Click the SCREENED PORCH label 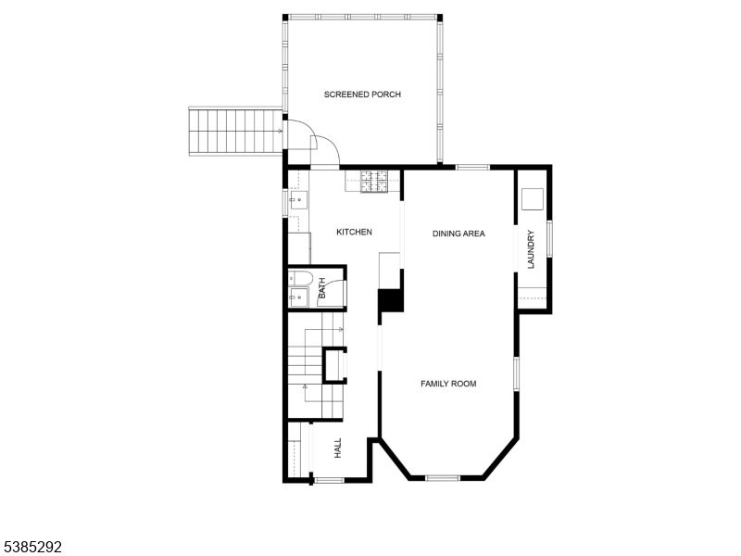(362, 95)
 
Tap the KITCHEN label (354, 232)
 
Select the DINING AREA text (458, 234)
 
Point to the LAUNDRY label (532, 249)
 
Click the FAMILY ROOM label (448, 384)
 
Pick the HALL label (338, 448)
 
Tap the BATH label (322, 290)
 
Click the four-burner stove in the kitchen (375, 182)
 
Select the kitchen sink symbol (296, 199)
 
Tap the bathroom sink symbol (298, 297)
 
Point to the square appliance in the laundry (530, 199)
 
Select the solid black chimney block (391, 302)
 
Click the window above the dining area (472, 168)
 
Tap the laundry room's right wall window (550, 236)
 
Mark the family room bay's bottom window (443, 478)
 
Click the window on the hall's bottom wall (329, 480)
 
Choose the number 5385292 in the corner (31, 548)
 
